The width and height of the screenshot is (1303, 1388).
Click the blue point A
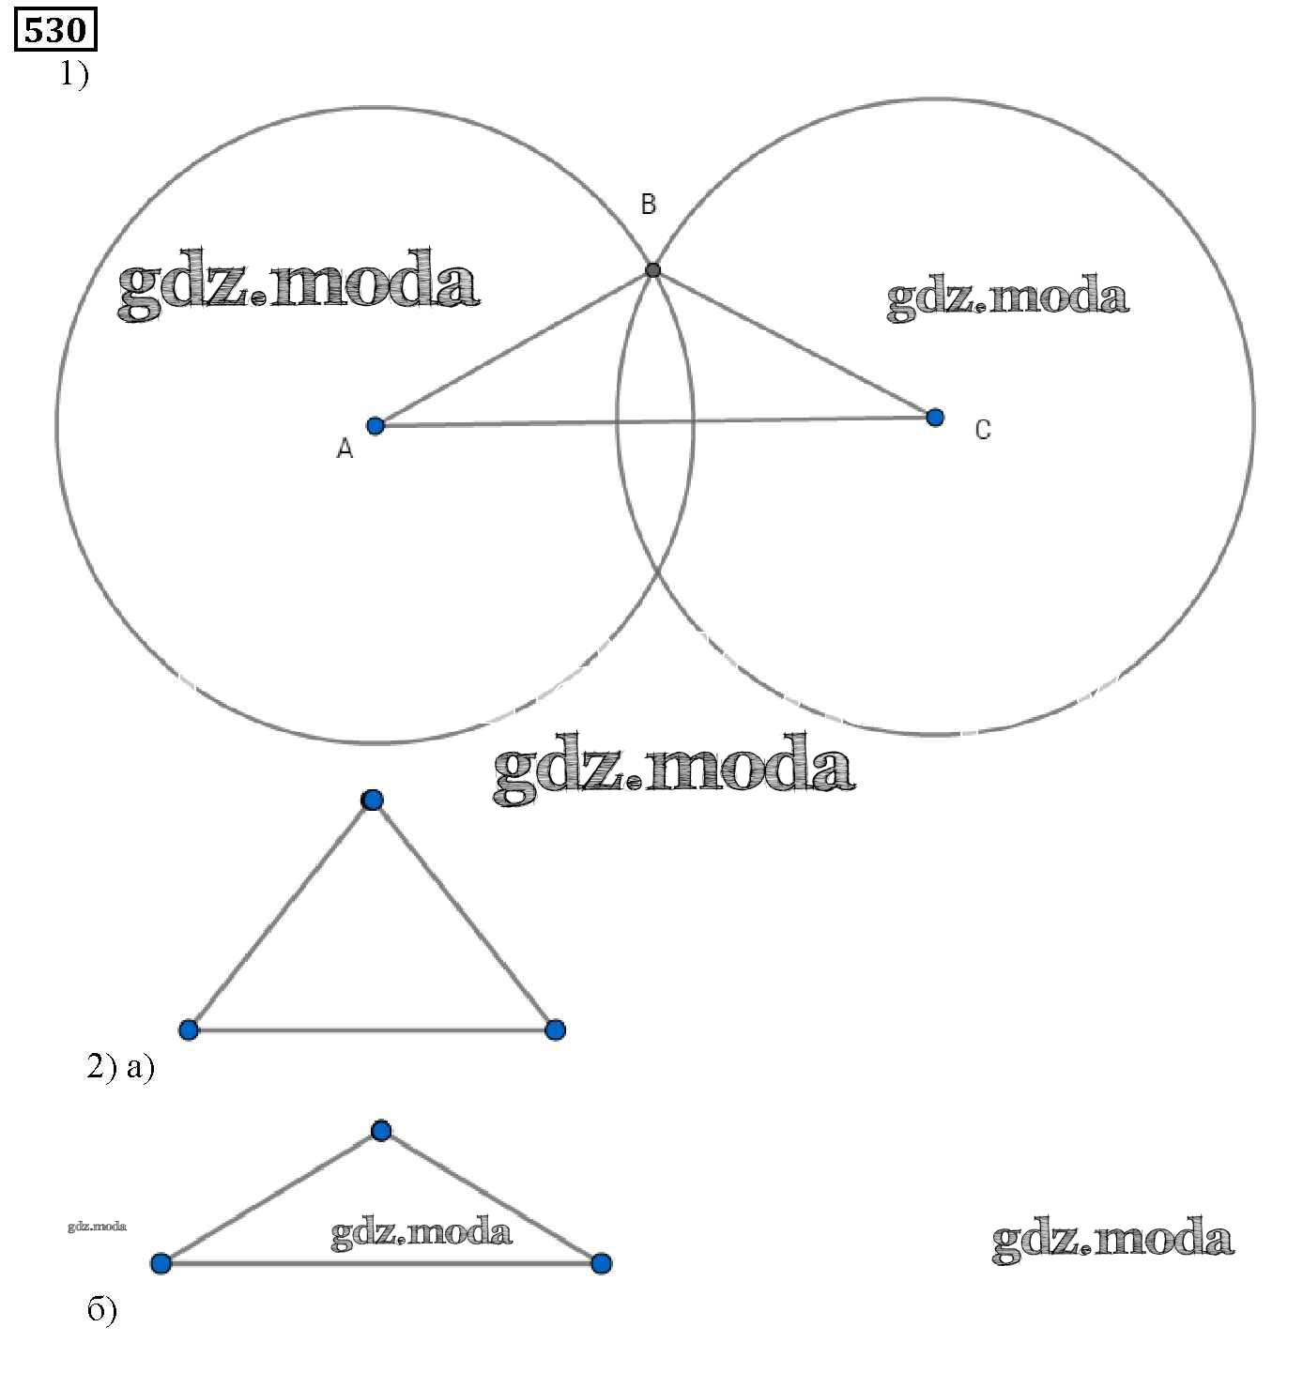tap(376, 425)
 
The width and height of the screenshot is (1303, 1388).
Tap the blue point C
tap(934, 417)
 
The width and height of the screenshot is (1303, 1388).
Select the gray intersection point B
tap(653, 270)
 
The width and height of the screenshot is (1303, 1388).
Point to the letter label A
tap(345, 450)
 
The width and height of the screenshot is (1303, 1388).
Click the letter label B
tap(648, 205)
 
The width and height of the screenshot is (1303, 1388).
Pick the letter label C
tap(982, 430)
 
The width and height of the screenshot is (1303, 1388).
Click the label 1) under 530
tap(74, 73)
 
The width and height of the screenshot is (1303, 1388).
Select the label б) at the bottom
tap(102, 1309)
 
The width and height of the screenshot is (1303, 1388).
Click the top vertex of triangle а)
tap(373, 800)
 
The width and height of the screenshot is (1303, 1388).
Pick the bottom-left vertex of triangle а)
tap(189, 1030)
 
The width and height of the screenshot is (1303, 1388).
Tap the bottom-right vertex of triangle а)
tap(555, 1030)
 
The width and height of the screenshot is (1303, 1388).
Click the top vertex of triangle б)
tap(380, 1130)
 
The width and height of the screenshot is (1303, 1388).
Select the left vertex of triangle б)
tap(161, 1262)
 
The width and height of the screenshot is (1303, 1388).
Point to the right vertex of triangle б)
tap(601, 1263)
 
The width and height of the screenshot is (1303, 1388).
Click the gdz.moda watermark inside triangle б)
tap(422, 1232)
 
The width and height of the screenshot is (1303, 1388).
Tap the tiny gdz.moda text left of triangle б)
tap(97, 1226)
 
